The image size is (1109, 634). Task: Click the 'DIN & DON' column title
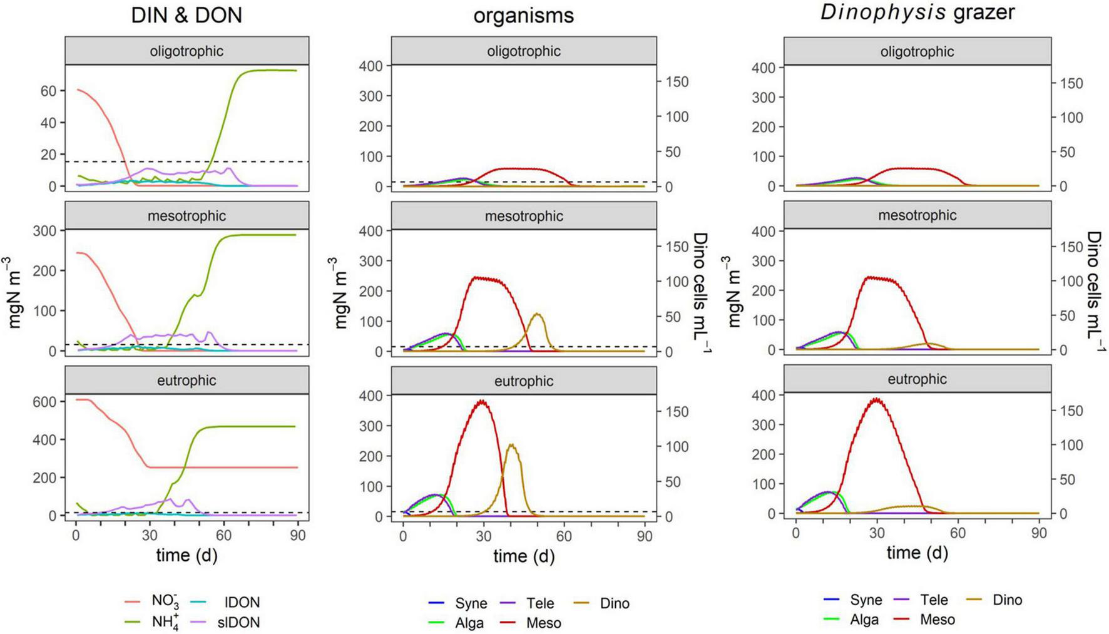pos(187,15)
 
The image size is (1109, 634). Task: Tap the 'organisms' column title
pos(523,15)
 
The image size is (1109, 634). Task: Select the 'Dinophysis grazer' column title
pos(917,13)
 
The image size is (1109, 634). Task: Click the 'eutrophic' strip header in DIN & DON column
pos(187,381)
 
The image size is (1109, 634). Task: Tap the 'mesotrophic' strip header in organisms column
pos(523,216)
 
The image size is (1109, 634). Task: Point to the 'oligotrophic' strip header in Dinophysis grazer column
pos(917,51)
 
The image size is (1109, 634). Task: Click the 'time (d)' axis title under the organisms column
pos(523,556)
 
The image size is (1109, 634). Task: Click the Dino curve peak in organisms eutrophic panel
pos(512,444)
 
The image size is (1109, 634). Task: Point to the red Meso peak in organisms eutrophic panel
pos(481,401)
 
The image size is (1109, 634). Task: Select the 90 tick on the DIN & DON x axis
pos(297,536)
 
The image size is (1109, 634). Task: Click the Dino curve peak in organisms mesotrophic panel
pos(537,314)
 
